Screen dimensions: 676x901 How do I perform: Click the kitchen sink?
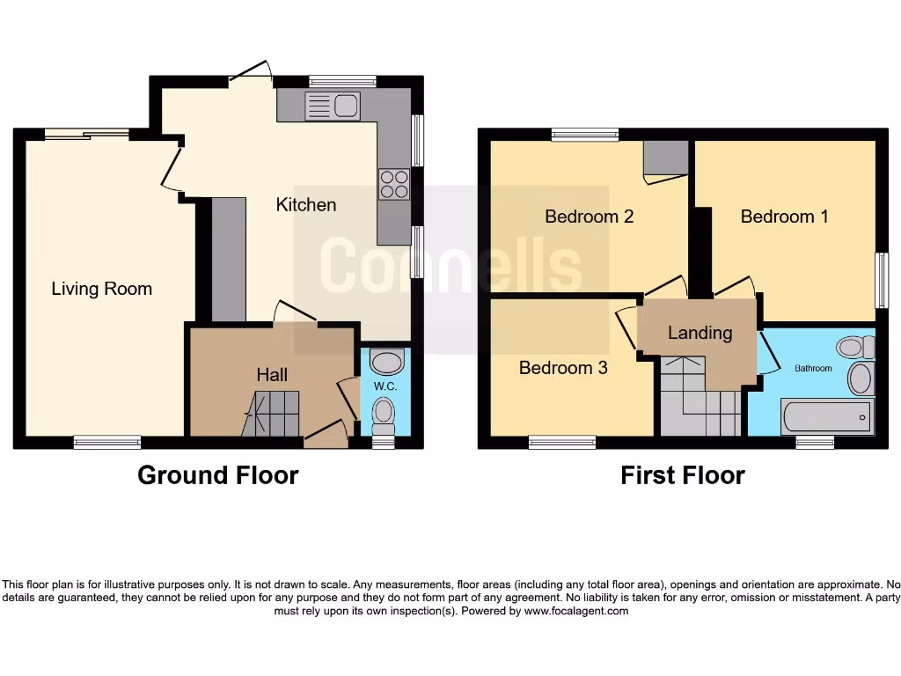333,107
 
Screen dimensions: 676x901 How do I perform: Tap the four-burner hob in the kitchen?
393,184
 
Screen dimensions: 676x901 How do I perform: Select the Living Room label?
101,289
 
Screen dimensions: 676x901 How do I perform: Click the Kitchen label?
306,205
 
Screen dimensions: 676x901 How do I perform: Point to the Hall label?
272,375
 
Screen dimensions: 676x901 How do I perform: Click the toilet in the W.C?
384,414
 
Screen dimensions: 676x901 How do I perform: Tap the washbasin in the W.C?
386,362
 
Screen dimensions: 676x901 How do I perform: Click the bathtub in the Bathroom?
826,415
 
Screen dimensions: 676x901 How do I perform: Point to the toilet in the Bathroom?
853,347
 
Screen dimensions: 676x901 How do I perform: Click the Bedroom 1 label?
784,217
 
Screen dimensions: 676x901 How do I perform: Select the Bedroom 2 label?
589,217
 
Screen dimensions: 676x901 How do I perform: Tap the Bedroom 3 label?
563,368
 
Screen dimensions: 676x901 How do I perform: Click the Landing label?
700,333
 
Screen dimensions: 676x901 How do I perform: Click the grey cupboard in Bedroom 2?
665,158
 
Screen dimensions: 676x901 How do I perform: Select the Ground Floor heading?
218,475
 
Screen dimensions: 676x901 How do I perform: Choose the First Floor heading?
683,475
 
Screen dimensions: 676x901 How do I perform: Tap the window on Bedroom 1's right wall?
882,281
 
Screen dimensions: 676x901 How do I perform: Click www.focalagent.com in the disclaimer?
575,611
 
